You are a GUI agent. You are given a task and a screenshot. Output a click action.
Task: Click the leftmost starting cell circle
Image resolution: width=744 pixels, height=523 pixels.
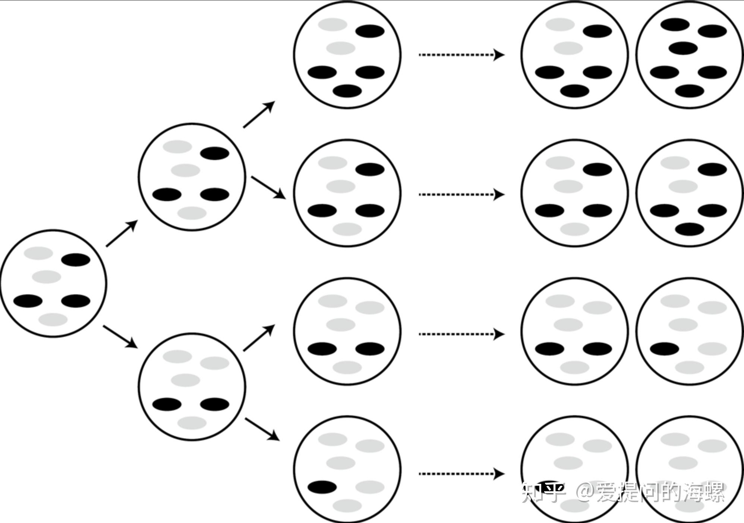53,284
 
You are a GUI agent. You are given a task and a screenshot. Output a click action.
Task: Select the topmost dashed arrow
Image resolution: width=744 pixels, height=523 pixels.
461,55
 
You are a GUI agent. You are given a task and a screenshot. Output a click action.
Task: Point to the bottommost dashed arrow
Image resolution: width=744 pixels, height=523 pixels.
461,474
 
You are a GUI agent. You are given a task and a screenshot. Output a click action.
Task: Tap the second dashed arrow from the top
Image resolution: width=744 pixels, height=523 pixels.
461,194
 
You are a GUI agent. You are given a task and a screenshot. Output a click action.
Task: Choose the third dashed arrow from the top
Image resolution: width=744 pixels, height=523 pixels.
461,334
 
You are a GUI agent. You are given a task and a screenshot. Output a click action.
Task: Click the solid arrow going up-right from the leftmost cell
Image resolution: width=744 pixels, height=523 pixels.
122,234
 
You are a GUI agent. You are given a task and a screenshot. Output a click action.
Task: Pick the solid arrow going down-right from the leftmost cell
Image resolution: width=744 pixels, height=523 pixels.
120,336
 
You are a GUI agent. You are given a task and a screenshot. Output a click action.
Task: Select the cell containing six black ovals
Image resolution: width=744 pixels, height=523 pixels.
688,55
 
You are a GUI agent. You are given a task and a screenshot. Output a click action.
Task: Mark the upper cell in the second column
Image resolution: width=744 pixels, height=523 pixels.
192,177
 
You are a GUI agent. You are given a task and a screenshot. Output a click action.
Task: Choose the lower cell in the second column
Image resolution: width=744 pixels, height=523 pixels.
192,387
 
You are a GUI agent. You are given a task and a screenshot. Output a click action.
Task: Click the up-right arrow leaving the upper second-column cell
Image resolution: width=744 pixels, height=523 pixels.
259,115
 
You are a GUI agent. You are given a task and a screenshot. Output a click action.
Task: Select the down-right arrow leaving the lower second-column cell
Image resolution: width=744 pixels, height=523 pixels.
262,429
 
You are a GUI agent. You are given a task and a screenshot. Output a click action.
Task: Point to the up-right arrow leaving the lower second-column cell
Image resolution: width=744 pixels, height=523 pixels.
259,338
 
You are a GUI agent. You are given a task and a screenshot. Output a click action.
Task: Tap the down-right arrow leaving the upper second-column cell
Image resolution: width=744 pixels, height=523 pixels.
268,188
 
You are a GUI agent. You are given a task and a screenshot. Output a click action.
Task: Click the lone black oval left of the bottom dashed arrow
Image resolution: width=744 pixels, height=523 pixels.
322,487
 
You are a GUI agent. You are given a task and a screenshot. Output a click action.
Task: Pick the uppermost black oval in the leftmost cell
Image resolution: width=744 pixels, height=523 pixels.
76,260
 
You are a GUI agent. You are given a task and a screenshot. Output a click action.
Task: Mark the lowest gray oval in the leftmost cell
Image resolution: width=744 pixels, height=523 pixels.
53,320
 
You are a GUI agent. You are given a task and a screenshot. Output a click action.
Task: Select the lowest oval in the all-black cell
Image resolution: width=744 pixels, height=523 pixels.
690,91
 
